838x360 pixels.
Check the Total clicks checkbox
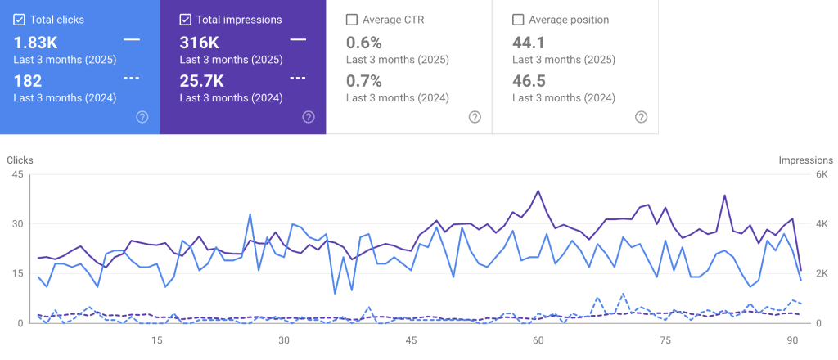click(19, 20)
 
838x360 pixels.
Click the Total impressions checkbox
click(185, 20)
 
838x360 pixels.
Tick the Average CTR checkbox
click(352, 20)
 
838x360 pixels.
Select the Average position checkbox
click(518, 20)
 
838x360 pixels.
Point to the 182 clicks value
click(28, 80)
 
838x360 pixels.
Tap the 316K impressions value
click(199, 42)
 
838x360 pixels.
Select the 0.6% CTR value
click(364, 42)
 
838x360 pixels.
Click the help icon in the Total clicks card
click(142, 117)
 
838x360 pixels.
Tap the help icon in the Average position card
click(642, 117)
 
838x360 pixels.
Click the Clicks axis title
click(20, 160)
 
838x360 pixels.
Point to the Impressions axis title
click(805, 160)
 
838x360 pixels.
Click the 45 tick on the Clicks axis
click(17, 175)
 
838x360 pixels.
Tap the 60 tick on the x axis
click(538, 340)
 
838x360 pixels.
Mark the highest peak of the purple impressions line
click(538, 191)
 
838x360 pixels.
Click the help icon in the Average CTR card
click(475, 117)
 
